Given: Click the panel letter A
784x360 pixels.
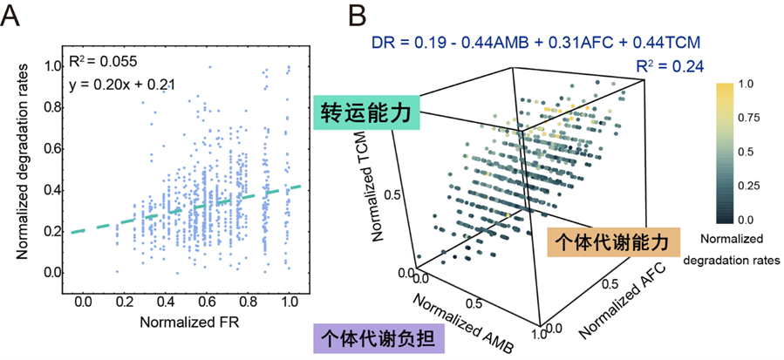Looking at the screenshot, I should (x=13, y=16).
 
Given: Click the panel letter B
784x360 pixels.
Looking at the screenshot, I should (x=357, y=16).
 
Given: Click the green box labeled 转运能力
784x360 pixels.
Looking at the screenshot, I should (x=369, y=113).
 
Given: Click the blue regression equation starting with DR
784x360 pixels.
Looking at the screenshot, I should (x=536, y=41).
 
